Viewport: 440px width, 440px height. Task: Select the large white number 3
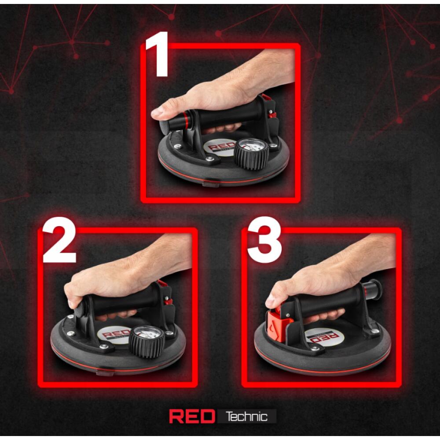[x=264, y=240]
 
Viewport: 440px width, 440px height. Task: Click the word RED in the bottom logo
[x=192, y=416]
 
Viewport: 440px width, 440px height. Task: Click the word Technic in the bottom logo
[x=247, y=416]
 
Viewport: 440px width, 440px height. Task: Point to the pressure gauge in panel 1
[x=251, y=154]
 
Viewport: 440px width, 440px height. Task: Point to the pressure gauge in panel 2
[x=146, y=341]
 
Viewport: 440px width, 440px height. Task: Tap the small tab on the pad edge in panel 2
[x=105, y=372]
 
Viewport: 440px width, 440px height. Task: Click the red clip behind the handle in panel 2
[x=165, y=291]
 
